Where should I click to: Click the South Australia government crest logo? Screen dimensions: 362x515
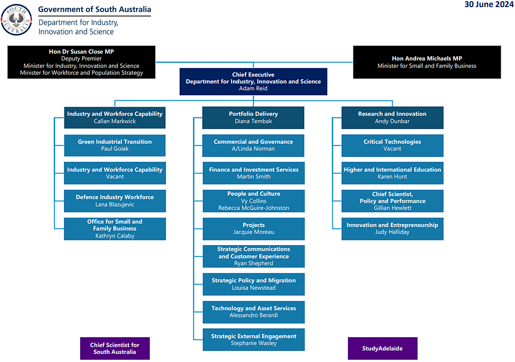16,20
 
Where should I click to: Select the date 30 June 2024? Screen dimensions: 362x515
489,5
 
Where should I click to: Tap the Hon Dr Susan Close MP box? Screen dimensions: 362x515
81,62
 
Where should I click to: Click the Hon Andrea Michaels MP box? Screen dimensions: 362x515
427,62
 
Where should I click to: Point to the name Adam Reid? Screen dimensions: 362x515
253,88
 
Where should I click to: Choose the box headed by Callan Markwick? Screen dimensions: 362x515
115,118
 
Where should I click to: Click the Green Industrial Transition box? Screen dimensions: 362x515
115,145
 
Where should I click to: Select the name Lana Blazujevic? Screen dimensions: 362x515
115,204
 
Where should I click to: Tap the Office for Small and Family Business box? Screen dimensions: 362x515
115,229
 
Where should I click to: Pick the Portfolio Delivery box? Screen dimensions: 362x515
253,118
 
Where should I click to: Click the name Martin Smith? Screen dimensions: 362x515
253,176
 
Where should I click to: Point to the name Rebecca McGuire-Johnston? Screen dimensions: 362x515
253,208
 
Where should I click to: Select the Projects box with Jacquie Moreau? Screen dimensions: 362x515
253,229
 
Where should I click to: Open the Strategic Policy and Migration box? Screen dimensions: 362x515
253,284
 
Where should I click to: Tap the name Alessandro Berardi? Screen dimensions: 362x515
253,315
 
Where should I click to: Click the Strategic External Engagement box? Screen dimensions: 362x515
253,340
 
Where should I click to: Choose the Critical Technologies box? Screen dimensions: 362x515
392,145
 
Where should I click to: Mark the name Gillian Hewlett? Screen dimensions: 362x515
392,208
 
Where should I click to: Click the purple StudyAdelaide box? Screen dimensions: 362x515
382,348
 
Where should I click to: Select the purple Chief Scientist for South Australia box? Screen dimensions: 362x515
115,348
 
